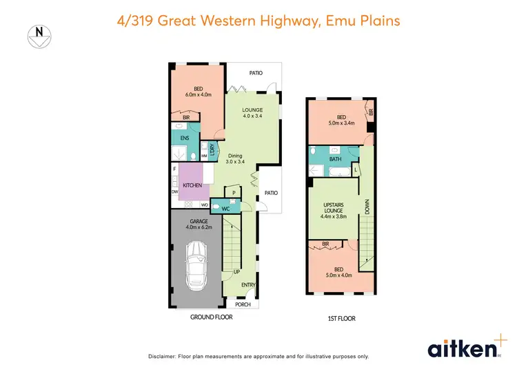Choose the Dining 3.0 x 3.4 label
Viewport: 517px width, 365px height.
tap(239, 159)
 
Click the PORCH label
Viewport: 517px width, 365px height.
tap(243, 304)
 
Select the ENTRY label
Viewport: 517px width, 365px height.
tap(247, 284)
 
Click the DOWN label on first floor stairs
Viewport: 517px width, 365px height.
tap(367, 207)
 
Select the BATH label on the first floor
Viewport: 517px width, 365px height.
tap(335, 160)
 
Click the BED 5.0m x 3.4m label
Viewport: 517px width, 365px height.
tap(341, 120)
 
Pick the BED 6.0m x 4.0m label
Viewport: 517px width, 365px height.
tap(199, 92)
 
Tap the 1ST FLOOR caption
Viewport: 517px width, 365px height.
tap(342, 319)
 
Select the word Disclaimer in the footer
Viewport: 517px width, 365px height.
tap(165, 356)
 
